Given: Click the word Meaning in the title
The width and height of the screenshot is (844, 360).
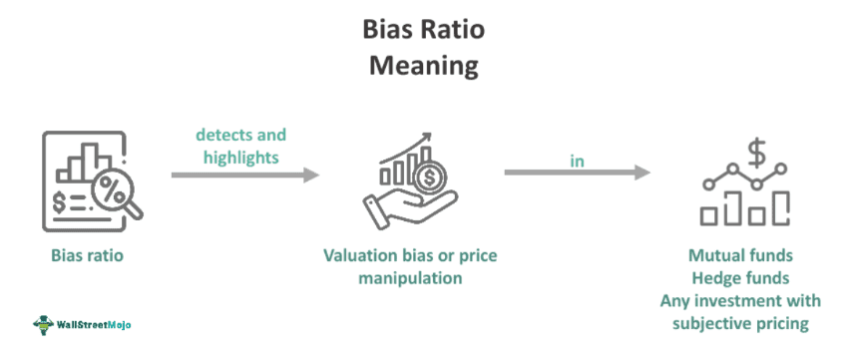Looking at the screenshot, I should (423, 66).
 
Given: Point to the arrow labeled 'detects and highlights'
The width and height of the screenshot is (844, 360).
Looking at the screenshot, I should (244, 175).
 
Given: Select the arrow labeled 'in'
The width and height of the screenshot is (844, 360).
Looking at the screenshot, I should (577, 173).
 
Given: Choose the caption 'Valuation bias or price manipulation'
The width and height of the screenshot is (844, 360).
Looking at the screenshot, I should (409, 266).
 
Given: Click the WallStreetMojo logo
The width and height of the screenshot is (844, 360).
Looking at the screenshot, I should (83, 324).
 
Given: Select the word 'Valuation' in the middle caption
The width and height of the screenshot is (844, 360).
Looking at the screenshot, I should (357, 255).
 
